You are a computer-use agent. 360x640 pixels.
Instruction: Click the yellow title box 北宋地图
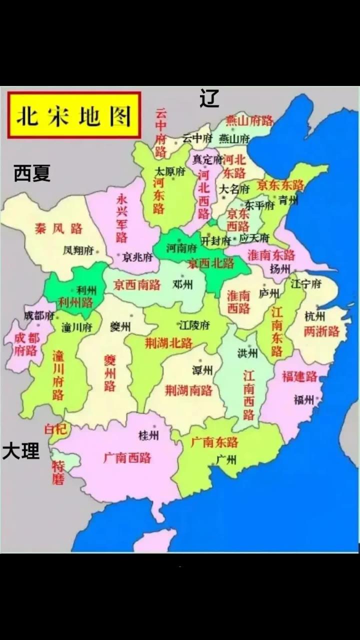pyautogui.click(x=74, y=115)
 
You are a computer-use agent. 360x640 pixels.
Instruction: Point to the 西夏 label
pyautogui.click(x=32, y=173)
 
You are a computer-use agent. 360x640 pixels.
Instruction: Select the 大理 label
pyautogui.click(x=20, y=451)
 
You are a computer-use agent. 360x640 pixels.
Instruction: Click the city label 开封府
pyautogui.click(x=215, y=240)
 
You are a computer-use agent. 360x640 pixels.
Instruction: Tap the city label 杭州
pyautogui.click(x=315, y=316)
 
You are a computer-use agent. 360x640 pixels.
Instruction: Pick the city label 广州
pyautogui.click(x=226, y=459)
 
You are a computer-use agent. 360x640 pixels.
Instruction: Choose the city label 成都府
pyautogui.click(x=39, y=315)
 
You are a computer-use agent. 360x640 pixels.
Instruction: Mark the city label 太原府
pyautogui.click(x=170, y=171)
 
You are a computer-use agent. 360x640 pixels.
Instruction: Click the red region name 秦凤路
pyautogui.click(x=58, y=229)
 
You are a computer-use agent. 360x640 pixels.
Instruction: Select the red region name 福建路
pyautogui.click(x=299, y=376)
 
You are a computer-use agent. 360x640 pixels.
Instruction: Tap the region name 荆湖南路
pyautogui.click(x=188, y=390)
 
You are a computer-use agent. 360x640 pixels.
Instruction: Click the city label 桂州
pyautogui.click(x=148, y=435)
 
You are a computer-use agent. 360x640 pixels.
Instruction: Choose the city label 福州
pyautogui.click(x=303, y=399)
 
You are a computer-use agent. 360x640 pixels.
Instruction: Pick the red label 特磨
pyautogui.click(x=58, y=473)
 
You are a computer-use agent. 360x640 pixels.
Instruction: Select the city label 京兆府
pyautogui.click(x=137, y=257)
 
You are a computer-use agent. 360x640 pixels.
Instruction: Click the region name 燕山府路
pyautogui.click(x=249, y=120)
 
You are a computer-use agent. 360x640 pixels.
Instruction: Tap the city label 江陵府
pyautogui.click(x=194, y=325)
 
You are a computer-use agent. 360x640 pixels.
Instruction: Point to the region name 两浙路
pyautogui.click(x=321, y=331)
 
